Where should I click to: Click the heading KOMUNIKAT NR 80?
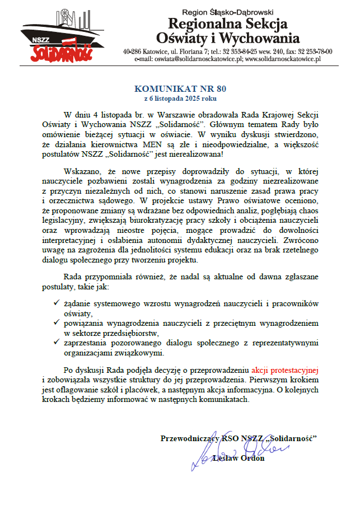coord(180,88)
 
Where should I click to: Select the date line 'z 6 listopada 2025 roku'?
coord(180,97)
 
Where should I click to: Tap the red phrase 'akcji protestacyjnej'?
coord(285,370)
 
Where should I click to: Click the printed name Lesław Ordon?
coord(239,458)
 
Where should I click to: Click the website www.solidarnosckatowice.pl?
coord(282,58)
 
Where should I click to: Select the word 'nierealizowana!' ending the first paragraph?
coord(194,153)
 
